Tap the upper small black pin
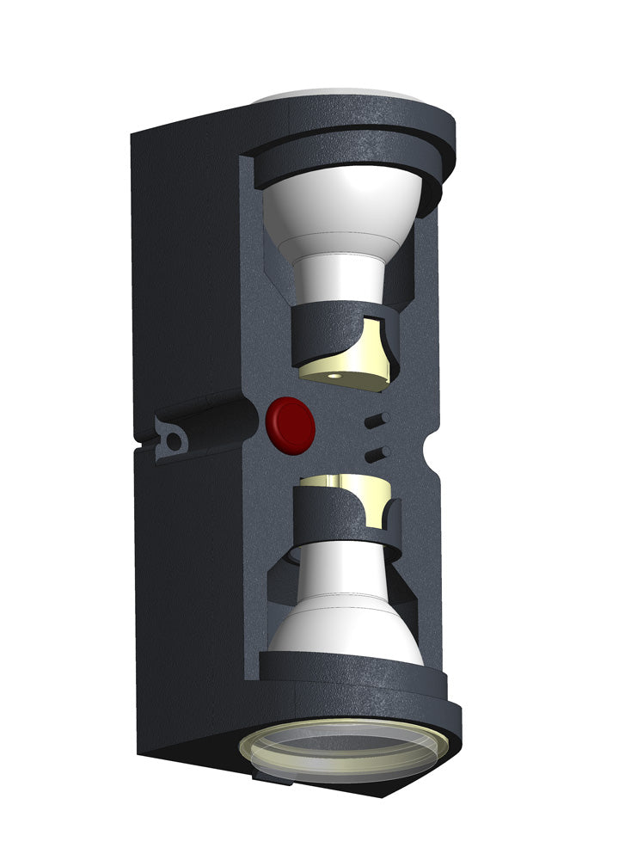coord(376,420)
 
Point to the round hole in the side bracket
coord(175,441)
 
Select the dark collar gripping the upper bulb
coord(318,335)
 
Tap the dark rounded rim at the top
coord(361,129)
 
